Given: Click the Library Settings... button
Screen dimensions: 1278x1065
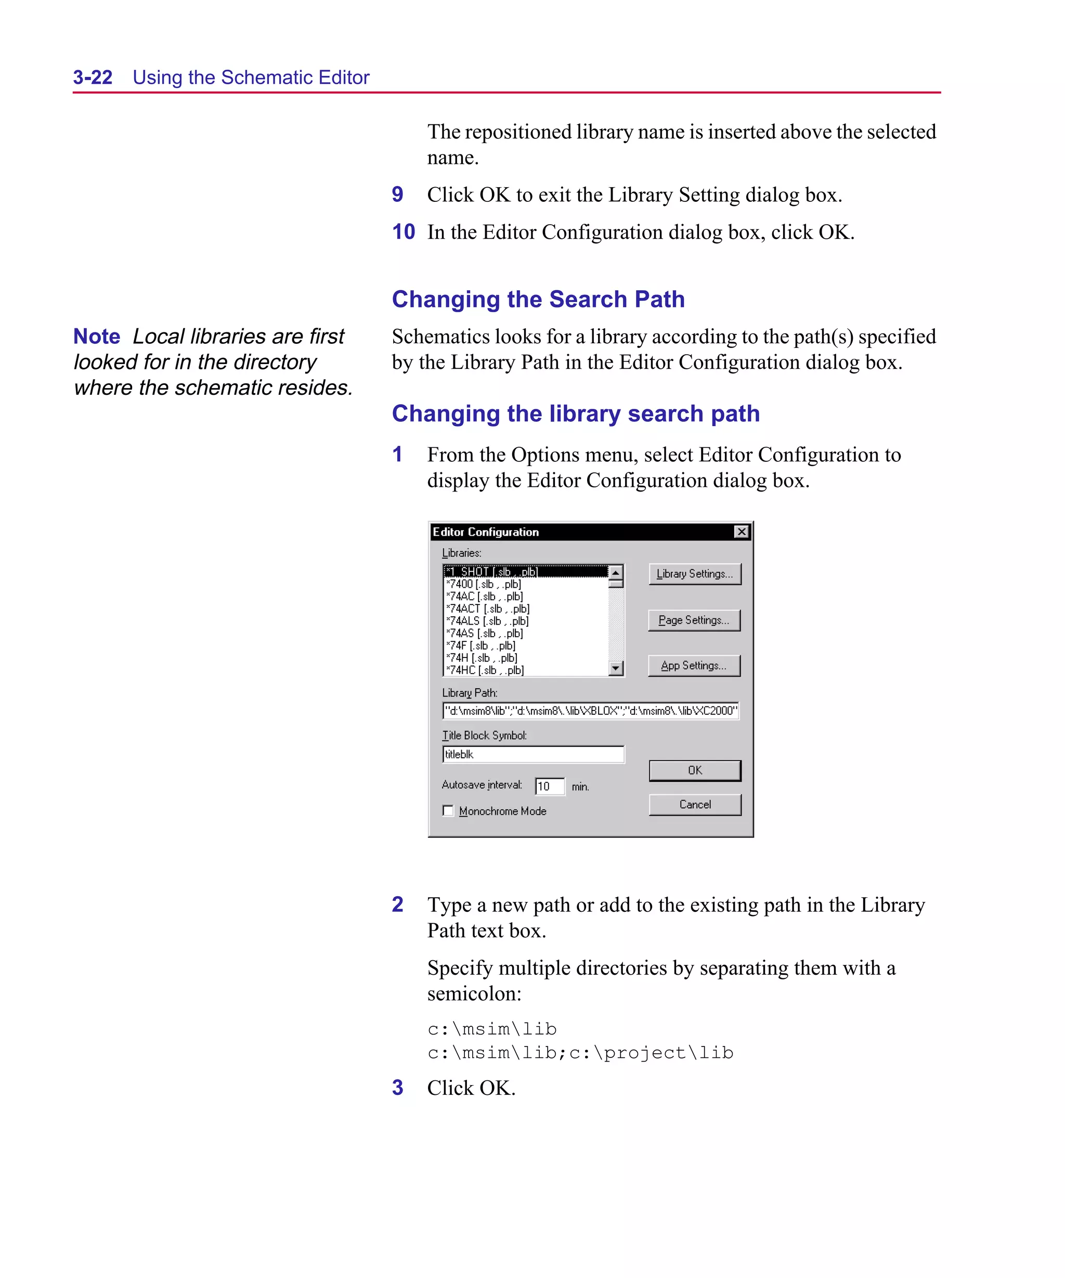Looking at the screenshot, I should point(694,574).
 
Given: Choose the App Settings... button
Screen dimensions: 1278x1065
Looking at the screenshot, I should point(694,666).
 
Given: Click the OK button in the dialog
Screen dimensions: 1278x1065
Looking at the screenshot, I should point(694,770).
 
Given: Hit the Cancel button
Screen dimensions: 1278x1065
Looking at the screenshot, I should point(694,805).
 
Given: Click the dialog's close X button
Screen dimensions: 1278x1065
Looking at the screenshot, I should point(741,532).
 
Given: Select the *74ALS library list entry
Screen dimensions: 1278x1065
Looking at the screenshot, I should point(487,621).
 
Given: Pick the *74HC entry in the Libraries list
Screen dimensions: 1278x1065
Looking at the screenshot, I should point(485,670).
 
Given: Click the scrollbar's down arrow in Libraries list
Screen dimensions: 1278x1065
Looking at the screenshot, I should point(616,668).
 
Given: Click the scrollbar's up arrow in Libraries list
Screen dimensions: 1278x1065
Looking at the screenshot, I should point(616,573).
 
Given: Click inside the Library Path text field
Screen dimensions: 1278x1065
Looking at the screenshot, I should point(590,711).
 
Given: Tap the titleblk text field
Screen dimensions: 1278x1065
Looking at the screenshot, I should point(532,755).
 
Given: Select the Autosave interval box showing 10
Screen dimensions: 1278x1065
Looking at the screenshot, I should point(549,786).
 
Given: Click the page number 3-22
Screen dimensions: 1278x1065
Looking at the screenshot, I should point(93,78).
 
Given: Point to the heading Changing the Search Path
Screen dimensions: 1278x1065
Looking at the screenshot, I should point(538,300).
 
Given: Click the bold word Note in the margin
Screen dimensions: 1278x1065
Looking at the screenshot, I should point(97,337).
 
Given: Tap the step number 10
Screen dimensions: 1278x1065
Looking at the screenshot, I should point(404,232).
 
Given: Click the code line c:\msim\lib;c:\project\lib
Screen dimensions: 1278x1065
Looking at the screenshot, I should point(580,1053).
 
